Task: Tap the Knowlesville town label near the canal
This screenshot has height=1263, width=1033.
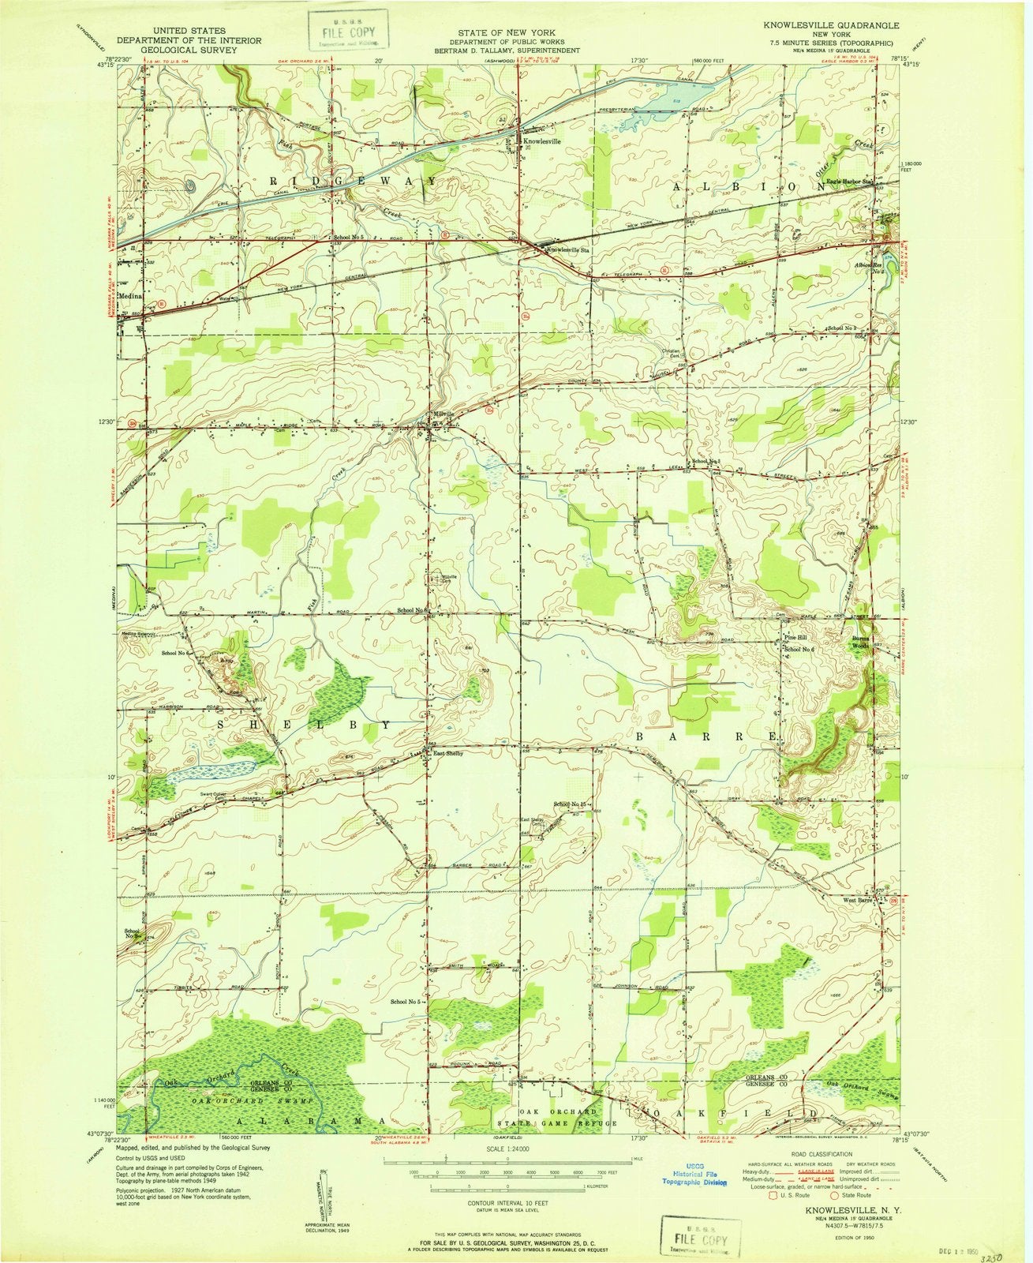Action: click(x=542, y=141)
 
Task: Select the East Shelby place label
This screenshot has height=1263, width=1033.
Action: click(x=447, y=753)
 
